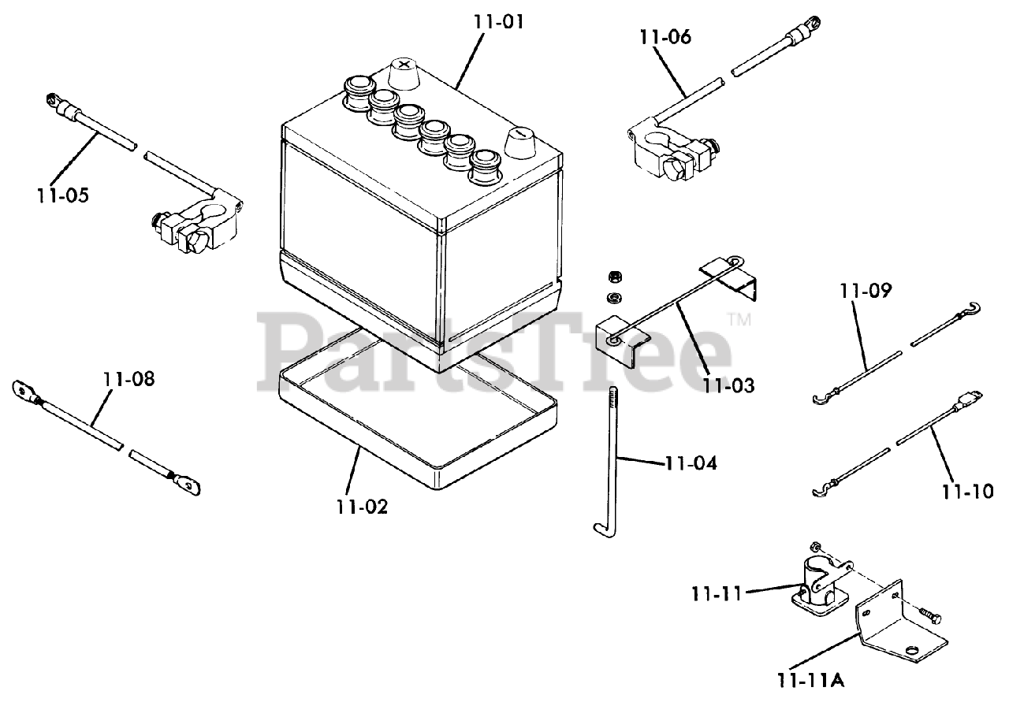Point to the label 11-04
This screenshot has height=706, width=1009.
[x=691, y=463]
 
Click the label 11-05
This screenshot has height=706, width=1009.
[x=62, y=195]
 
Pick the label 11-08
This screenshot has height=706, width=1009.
[x=128, y=379]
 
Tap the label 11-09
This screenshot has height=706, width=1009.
[x=866, y=291]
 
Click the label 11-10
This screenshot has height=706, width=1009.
[x=966, y=492]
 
